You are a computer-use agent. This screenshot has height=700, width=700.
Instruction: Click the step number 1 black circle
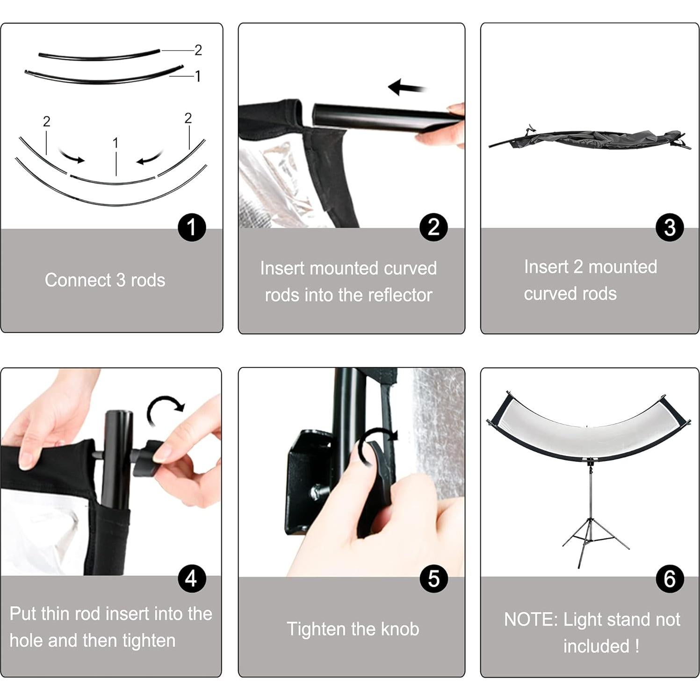pos(192,227)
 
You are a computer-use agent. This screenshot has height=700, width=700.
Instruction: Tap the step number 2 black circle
pos(433,227)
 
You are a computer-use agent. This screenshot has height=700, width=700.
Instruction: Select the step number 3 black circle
pos(670,227)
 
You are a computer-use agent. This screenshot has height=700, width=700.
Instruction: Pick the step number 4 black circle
pos(192,579)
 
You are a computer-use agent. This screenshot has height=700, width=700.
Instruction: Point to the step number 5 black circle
pos(433,579)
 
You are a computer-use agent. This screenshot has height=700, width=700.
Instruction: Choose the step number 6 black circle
pos(670,579)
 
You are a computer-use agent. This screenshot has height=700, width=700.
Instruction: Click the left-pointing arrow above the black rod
pos(407,87)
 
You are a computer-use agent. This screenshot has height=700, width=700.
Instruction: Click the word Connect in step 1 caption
pos(78,280)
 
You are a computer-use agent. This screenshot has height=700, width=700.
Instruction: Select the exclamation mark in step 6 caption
pos(636,646)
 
